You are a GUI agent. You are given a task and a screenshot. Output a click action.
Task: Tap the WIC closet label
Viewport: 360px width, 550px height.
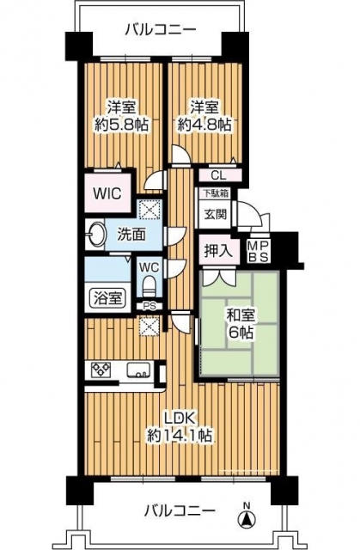[x=107, y=192]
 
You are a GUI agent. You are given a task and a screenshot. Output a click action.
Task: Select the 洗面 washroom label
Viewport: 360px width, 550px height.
[x=131, y=235]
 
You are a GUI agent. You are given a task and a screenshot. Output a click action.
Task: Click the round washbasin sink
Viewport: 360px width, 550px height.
[x=96, y=234]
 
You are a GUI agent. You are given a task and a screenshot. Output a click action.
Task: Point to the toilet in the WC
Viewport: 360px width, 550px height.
[x=149, y=286]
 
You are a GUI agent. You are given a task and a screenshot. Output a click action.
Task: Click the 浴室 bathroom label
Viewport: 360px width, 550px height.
[x=107, y=297]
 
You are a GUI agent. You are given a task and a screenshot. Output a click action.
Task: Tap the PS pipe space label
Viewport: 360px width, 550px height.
[x=149, y=306]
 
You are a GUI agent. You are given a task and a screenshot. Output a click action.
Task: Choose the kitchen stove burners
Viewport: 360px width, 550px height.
[x=101, y=370]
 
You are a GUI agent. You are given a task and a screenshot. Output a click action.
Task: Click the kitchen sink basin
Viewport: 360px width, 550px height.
[x=139, y=370]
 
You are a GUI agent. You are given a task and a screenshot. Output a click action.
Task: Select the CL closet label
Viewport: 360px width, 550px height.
[x=219, y=175]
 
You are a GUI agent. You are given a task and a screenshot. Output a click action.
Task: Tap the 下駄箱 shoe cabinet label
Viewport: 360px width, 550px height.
[x=215, y=192]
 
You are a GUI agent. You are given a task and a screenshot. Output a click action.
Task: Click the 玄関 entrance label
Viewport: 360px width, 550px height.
[x=215, y=214]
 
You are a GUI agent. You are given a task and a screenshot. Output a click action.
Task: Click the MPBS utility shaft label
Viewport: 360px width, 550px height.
[x=259, y=251]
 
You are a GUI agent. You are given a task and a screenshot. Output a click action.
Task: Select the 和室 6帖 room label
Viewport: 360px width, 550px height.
[x=241, y=323]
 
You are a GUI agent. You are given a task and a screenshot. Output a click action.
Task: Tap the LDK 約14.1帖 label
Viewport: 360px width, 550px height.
[x=179, y=427]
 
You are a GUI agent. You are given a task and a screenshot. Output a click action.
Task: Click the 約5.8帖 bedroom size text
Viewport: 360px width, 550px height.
[x=122, y=124]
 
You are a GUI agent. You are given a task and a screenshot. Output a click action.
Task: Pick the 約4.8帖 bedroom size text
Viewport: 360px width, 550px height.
[x=204, y=124]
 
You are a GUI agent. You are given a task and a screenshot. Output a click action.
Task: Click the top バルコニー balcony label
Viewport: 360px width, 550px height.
[x=160, y=29]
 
